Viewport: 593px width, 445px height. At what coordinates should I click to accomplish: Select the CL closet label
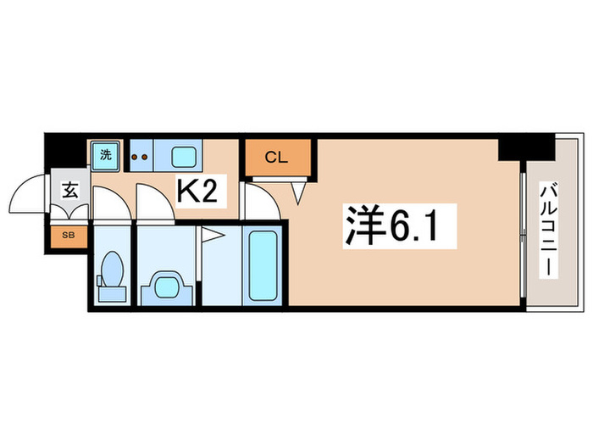[x=276, y=157]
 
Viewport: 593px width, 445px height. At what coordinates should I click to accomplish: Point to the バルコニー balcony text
[x=548, y=230]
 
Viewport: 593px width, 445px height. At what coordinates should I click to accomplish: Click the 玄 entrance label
[x=70, y=190]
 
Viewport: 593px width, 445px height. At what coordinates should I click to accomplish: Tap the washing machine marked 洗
[x=106, y=155]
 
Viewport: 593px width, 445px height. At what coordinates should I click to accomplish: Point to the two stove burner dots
[x=140, y=156]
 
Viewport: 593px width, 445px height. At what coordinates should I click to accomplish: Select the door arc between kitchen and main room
[x=259, y=202]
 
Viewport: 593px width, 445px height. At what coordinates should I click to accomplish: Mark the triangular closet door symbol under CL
[x=299, y=194]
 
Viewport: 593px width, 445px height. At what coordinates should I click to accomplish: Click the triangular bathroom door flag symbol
[x=212, y=236]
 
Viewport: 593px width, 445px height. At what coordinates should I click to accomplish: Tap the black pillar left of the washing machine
[x=66, y=153]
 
